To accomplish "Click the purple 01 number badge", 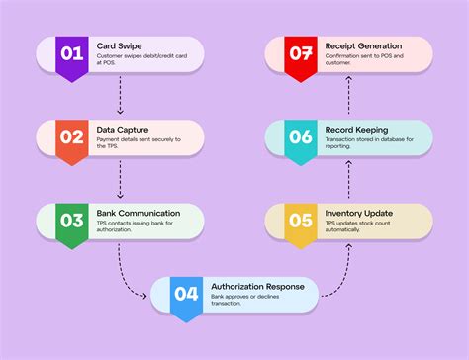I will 72,53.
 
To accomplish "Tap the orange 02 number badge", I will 72,137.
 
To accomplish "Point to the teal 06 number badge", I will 299,137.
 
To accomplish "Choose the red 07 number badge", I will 299,53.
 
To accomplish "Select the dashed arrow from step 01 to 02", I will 120,94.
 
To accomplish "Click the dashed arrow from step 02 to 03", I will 120,177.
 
